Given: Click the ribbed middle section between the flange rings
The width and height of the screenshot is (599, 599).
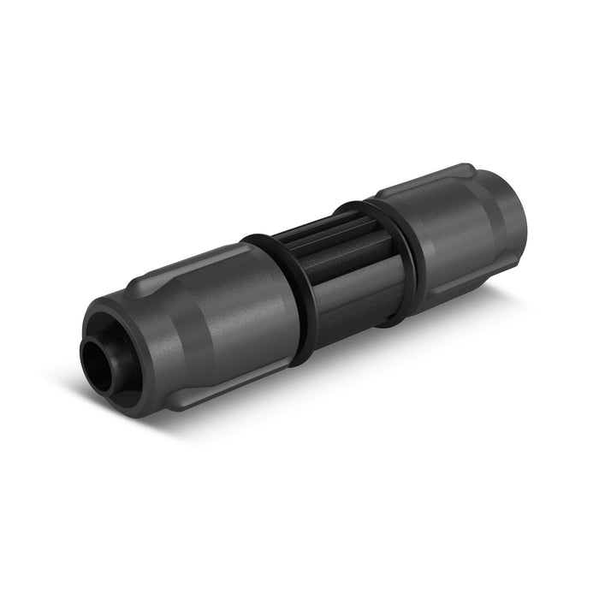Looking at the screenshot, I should [x=342, y=274].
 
